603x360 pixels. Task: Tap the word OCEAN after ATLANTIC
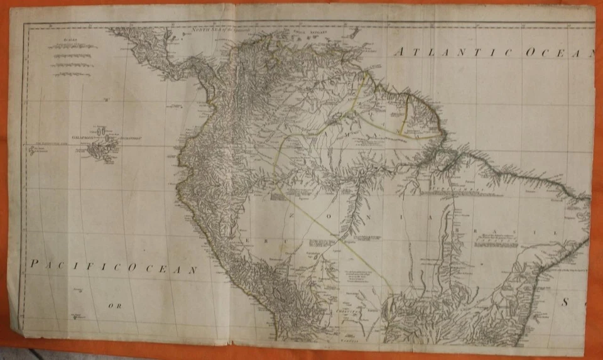[559, 53]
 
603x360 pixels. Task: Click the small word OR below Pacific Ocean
[113, 306]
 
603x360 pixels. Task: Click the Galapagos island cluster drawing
[102, 149]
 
